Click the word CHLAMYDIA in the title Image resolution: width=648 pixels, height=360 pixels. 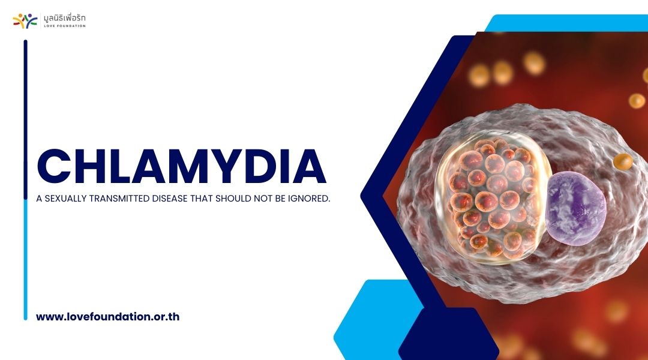[182, 166]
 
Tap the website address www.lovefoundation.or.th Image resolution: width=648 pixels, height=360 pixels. [108, 317]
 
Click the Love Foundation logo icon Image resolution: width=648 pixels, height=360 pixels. [25, 20]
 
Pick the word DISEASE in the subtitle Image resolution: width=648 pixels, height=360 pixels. [170, 199]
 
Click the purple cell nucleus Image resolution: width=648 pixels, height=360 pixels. [575, 208]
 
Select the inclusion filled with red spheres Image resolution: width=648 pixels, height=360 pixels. [492, 197]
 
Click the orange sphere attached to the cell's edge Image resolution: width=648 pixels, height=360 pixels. [623, 161]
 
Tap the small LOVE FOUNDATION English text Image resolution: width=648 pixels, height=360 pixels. [65, 26]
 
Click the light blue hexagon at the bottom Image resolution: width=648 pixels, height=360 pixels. [372, 318]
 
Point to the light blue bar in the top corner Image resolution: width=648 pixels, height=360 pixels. [566, 23]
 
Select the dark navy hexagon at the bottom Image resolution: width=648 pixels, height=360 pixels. [448, 335]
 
